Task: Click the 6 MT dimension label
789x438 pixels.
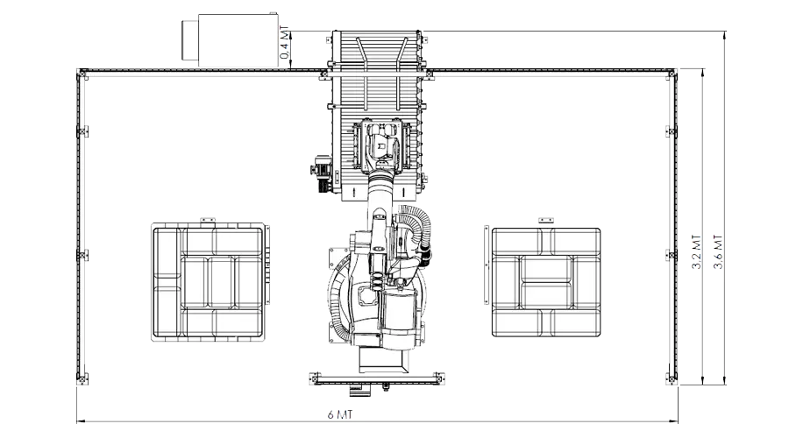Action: point(339,414)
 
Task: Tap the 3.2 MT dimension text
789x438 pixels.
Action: point(696,251)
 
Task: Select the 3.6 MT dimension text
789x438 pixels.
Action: point(718,251)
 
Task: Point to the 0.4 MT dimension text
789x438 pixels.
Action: point(285,42)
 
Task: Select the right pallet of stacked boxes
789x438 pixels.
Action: point(546,282)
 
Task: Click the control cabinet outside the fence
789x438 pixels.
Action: point(238,39)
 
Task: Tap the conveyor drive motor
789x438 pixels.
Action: point(321,173)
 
